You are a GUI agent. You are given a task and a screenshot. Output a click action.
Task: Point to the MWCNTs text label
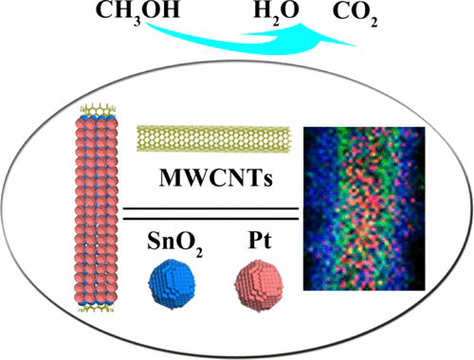tap(213, 178)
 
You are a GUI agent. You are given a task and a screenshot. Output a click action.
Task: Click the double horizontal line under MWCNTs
tap(213, 210)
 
